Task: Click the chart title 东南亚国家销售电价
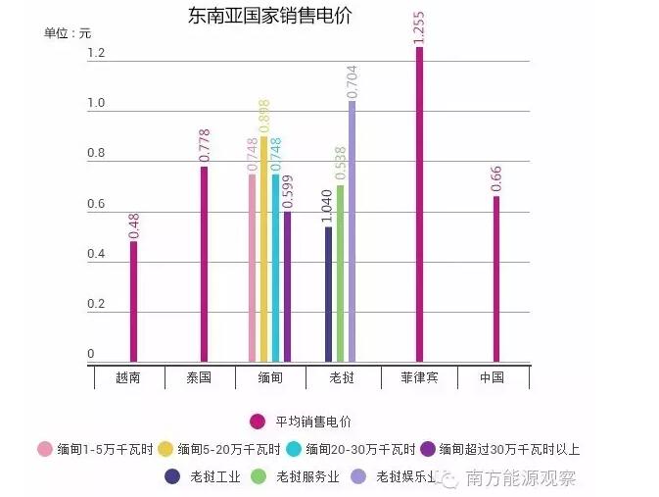click(x=269, y=17)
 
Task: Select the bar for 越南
click(x=134, y=301)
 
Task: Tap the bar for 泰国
click(x=204, y=264)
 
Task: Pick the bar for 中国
click(x=495, y=278)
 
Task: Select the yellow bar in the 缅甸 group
click(x=263, y=249)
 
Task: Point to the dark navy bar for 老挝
click(x=329, y=294)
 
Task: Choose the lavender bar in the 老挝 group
click(x=353, y=231)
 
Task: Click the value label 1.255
click(x=419, y=26)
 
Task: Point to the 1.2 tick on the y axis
click(x=95, y=54)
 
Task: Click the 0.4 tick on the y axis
click(x=95, y=255)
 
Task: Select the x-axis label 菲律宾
click(x=419, y=377)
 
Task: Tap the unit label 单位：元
click(x=68, y=33)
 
